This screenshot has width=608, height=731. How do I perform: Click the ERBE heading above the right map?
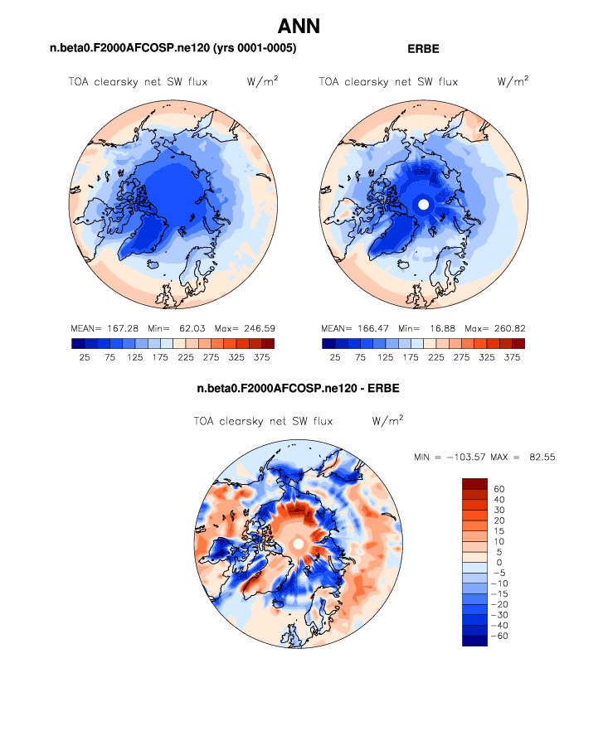tap(423, 49)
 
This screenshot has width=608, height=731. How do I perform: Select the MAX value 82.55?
tap(538, 457)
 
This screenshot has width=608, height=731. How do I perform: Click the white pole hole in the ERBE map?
tap(423, 204)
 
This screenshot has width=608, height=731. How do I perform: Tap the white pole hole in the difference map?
tap(298, 543)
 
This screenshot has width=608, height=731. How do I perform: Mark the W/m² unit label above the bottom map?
tap(387, 420)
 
